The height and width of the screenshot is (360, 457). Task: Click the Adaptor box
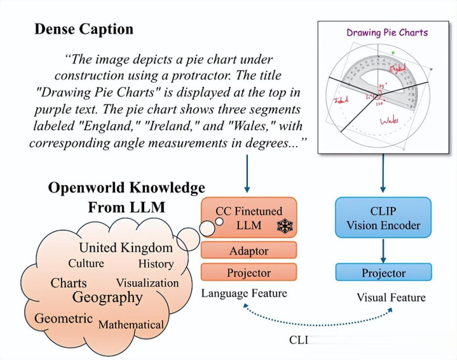[249, 250]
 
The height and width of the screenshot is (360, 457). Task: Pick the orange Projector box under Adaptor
[249, 272]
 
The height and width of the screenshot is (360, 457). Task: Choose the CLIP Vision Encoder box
[383, 218]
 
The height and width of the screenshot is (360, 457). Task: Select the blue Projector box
[383, 272]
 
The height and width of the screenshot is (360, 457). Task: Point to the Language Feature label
[244, 293]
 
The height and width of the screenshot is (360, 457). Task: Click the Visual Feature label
[391, 297]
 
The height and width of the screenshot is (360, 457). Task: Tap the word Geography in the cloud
[107, 297]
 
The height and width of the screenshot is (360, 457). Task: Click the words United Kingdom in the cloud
[126, 248]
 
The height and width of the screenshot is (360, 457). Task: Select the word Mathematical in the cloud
[132, 324]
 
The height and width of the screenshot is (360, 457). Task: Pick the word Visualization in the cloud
[147, 283]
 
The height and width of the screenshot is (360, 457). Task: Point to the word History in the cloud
[156, 263]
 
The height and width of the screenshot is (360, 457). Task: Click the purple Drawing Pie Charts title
[387, 32]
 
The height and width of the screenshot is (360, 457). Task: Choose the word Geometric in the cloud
[64, 318]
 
